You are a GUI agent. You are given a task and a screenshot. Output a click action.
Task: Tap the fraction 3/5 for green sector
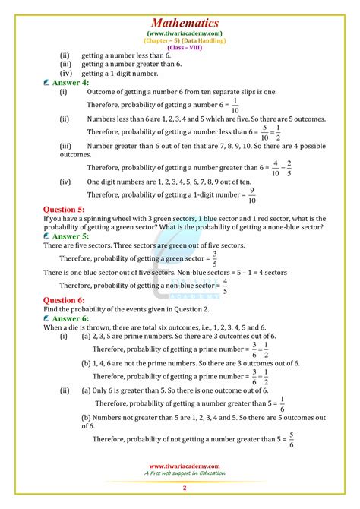(214, 258)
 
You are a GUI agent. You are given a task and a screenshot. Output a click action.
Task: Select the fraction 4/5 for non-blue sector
(226, 286)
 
